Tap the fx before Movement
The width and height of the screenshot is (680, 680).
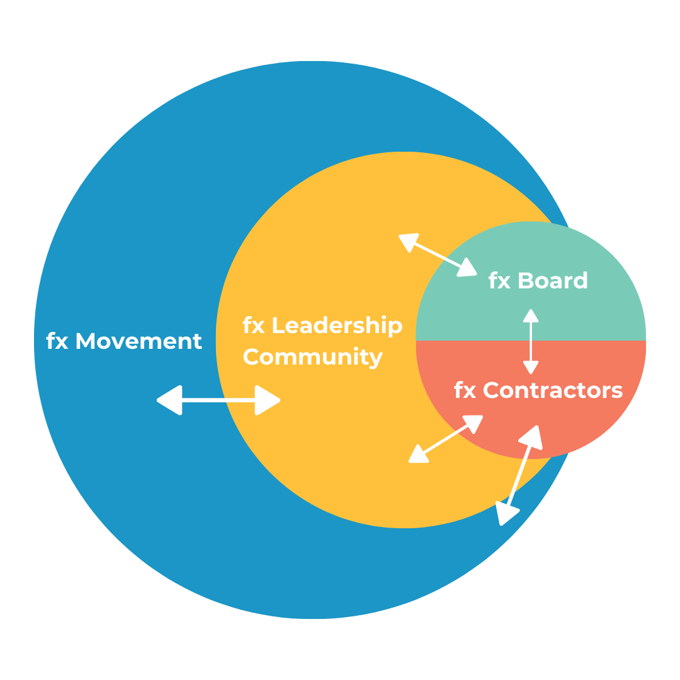click(x=57, y=341)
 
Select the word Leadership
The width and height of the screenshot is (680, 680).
click(x=337, y=326)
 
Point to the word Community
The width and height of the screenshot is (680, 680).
click(x=313, y=357)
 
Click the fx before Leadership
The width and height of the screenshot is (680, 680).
click(x=253, y=326)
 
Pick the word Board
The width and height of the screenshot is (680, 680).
click(x=552, y=281)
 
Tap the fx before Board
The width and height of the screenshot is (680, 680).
click(x=499, y=281)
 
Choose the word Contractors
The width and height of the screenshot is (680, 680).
click(x=553, y=391)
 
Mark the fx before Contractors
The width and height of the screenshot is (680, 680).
click(x=465, y=391)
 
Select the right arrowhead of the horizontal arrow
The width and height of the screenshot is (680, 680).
click(x=266, y=400)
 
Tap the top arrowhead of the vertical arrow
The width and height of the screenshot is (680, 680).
click(x=531, y=317)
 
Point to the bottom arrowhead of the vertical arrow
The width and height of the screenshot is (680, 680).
click(x=531, y=366)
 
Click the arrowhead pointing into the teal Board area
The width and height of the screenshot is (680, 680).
click(x=466, y=268)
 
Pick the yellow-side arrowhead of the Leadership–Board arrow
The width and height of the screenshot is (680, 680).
click(x=409, y=242)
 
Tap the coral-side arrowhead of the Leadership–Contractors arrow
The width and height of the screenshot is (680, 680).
click(x=472, y=423)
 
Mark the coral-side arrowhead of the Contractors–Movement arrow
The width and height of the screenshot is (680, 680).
click(x=531, y=436)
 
